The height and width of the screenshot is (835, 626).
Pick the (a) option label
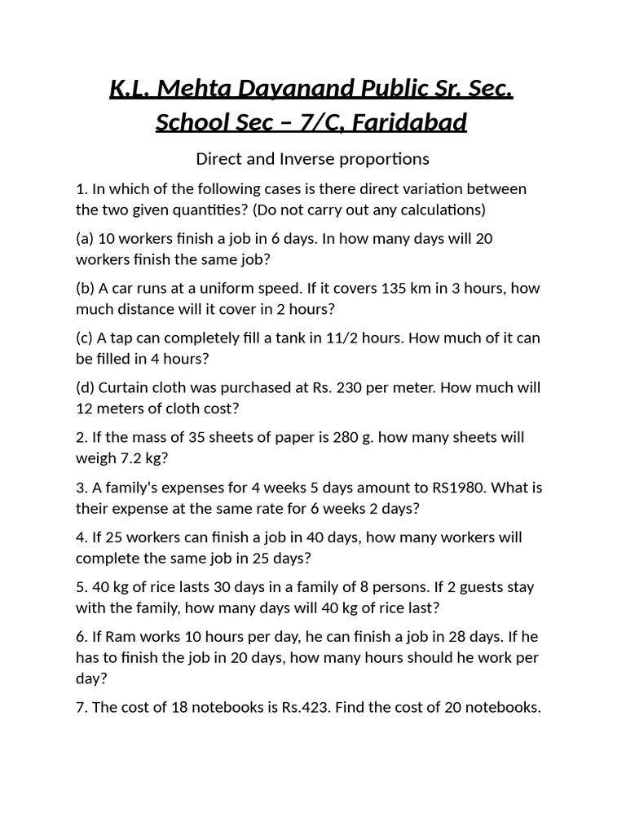(85, 238)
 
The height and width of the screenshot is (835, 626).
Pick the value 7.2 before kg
(126, 457)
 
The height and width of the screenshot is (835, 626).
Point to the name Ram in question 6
(121, 636)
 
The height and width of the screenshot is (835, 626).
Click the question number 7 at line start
(82, 707)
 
